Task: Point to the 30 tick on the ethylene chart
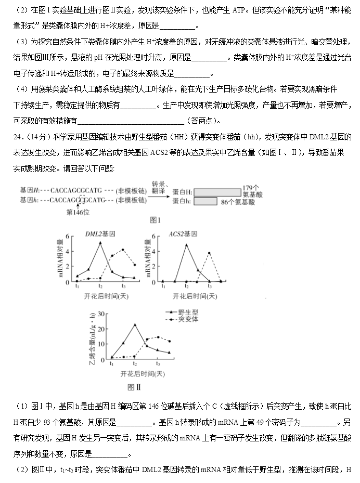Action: pos(101,314)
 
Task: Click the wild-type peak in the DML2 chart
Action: pos(100,243)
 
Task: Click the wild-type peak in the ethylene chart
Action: pos(135,324)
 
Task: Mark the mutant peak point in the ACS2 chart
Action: pos(209,253)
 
